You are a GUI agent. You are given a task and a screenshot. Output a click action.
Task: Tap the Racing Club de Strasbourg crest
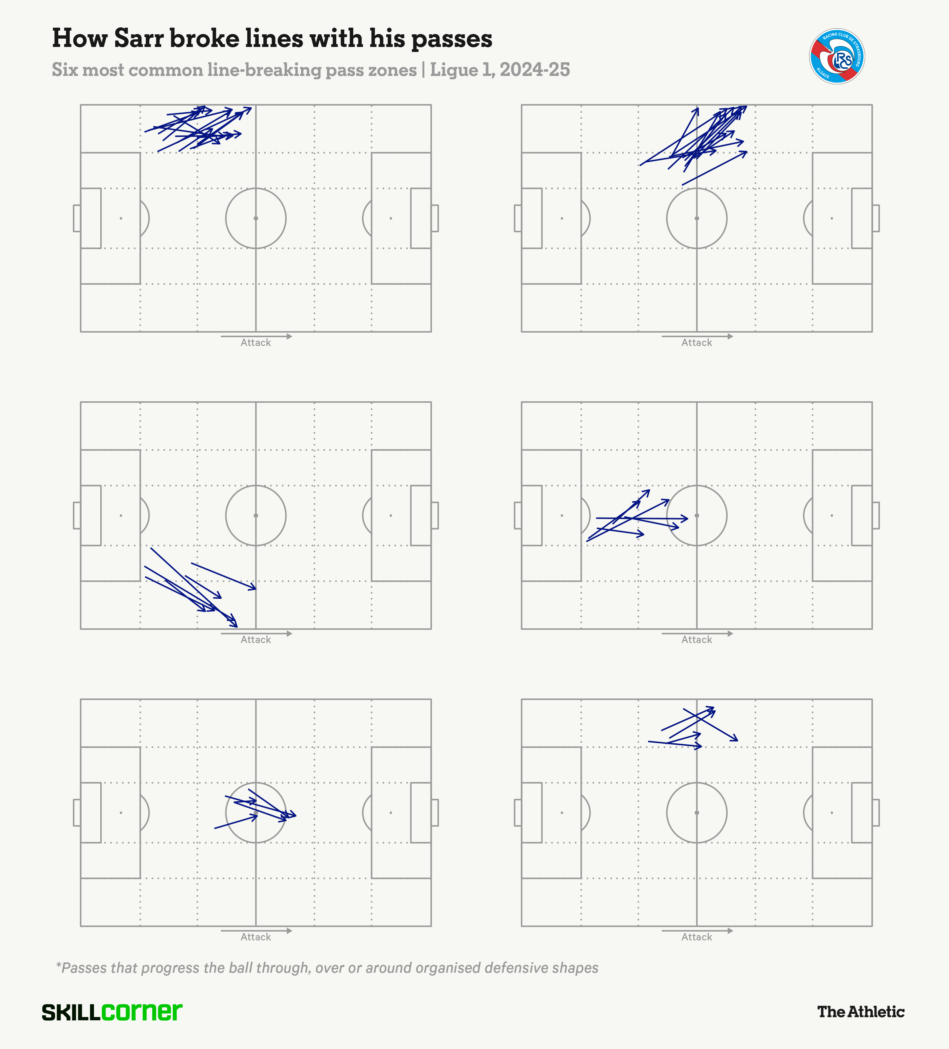[x=837, y=56]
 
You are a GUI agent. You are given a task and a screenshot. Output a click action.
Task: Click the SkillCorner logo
[x=112, y=1012]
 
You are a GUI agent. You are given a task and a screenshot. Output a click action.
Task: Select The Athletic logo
[x=861, y=1012]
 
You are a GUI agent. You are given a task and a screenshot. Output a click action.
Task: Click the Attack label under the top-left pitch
[x=255, y=342]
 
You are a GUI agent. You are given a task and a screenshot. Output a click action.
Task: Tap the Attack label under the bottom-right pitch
[x=697, y=937]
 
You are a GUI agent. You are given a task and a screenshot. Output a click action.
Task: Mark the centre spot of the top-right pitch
[x=697, y=218]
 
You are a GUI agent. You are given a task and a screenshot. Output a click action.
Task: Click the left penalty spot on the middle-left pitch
[x=121, y=516]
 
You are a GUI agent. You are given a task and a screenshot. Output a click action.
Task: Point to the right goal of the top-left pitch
[x=435, y=218]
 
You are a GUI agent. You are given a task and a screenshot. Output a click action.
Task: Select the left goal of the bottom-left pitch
[x=77, y=813]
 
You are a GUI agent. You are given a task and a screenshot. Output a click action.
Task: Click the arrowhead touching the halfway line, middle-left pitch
[x=255, y=588]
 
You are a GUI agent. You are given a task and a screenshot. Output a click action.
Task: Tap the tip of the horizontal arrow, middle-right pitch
[x=688, y=518]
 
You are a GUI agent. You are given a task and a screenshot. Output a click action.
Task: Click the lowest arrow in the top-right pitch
[x=714, y=168]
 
